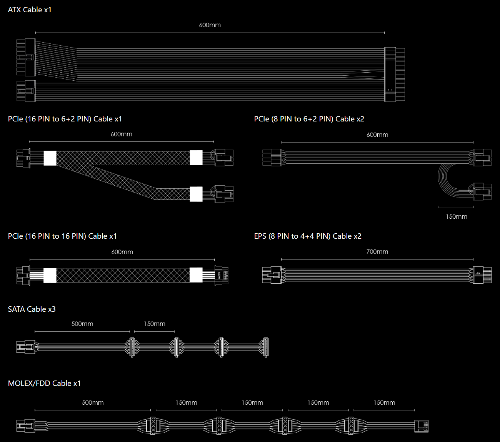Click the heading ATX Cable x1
coord(30,10)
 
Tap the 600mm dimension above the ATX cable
coord(210,25)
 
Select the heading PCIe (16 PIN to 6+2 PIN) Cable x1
coord(65,119)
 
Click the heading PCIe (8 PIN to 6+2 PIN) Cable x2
coord(309,119)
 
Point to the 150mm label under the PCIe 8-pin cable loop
coord(456,216)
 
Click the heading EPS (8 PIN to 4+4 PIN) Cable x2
coord(308,236)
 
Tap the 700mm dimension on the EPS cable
coord(377,252)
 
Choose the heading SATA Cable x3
coord(32,309)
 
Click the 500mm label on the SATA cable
coord(82,324)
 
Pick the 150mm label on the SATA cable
coord(155,324)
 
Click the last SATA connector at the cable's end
coord(265,347)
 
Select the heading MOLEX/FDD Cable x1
coord(44,383)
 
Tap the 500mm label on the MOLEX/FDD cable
coord(93,402)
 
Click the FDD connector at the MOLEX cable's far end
coord(421,426)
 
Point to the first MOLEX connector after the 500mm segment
coord(153,426)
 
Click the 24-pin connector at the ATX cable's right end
coord(395,75)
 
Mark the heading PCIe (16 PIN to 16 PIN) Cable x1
coord(62,236)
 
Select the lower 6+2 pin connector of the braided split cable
coord(224,194)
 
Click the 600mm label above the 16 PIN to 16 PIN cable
coord(122,252)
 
